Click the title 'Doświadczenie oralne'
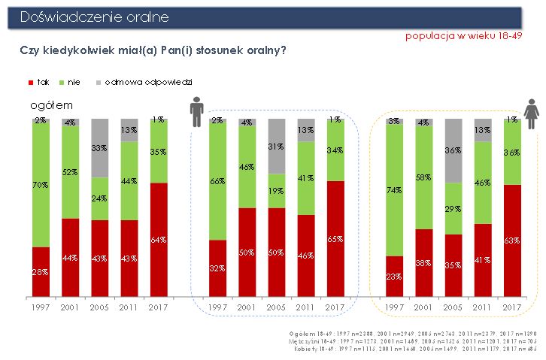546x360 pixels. coord(95,17)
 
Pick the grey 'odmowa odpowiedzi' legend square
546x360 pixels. coord(99,81)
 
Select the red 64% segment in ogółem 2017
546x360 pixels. coord(158,239)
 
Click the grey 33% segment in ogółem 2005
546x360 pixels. coord(99,148)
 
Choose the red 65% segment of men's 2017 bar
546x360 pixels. coord(335,238)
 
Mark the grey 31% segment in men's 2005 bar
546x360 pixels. coord(276,147)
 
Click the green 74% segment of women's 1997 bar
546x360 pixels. coord(394,190)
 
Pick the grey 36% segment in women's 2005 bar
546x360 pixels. coord(453,150)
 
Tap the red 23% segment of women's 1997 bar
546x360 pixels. coord(394,276)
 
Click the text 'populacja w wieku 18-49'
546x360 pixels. coord(463,36)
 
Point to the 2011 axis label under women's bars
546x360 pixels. coord(483,307)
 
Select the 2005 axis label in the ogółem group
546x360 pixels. coord(99,307)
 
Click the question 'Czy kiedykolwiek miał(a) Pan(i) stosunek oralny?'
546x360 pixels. coord(153,50)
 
